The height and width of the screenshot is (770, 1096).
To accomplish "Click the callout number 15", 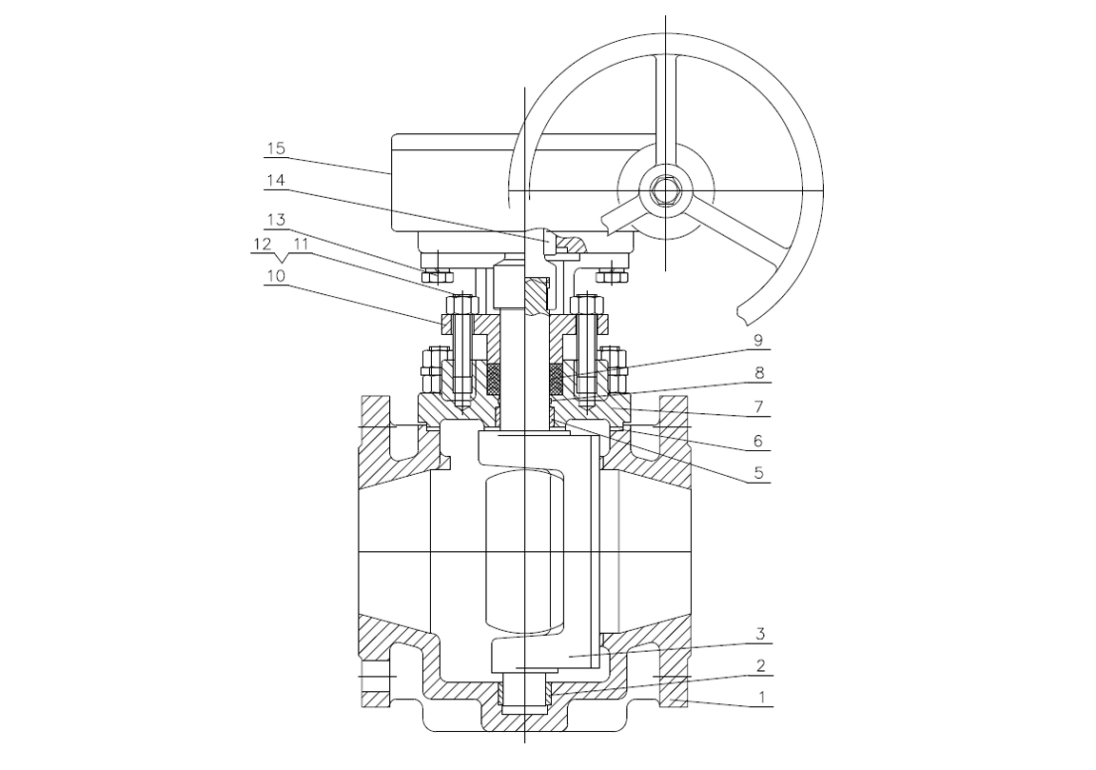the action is pyautogui.click(x=276, y=148).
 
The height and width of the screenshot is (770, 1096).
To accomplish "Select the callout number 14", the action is pyautogui.click(x=275, y=181).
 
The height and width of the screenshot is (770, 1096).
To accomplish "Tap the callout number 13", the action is pyautogui.click(x=275, y=220).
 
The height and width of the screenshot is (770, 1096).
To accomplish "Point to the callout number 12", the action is pyautogui.click(x=263, y=244).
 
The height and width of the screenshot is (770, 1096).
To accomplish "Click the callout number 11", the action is pyautogui.click(x=301, y=244).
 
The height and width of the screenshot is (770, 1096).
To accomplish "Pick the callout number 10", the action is pyautogui.click(x=275, y=276).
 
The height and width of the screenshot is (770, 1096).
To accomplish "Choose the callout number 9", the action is pyautogui.click(x=757, y=341).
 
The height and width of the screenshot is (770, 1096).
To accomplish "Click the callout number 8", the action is pyautogui.click(x=759, y=373).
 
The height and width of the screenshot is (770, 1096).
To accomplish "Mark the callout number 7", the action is pyautogui.click(x=758, y=406).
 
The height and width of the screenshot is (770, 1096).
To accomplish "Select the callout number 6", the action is pyautogui.click(x=758, y=441).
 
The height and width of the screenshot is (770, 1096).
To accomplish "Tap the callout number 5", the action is pyautogui.click(x=758, y=473).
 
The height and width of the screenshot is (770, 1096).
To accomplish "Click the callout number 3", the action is pyautogui.click(x=760, y=634).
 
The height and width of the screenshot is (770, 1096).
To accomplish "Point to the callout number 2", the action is pyautogui.click(x=760, y=666).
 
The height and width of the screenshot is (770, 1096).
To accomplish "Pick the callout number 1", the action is pyautogui.click(x=762, y=698).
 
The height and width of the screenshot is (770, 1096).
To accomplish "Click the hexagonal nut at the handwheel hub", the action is pyautogui.click(x=665, y=189).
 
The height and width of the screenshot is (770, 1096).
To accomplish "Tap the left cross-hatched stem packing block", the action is pyautogui.click(x=494, y=380).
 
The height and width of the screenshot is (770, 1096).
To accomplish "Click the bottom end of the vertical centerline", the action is pyautogui.click(x=524, y=742).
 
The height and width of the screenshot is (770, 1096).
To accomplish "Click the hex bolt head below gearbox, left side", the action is pyautogui.click(x=437, y=275).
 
